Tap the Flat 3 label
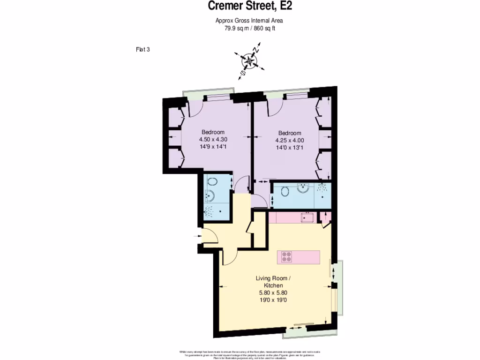pyautogui.click(x=142, y=49)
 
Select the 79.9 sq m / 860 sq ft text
pyautogui.click(x=249, y=28)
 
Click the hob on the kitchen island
pyautogui.click(x=286, y=257)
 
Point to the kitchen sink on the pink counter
pyautogui.click(x=307, y=217)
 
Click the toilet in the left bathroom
pyautogui.click(x=212, y=182)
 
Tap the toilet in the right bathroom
pyautogui.click(x=285, y=191)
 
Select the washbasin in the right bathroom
pyautogui.click(x=304, y=188)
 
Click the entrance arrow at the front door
pyautogui.click(x=196, y=237)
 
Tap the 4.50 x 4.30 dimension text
pyautogui.click(x=213, y=139)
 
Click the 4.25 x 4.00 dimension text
pyautogui.click(x=289, y=140)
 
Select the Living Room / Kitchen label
pyautogui.click(x=269, y=282)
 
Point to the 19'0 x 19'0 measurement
pyautogui.click(x=269, y=300)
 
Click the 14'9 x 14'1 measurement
pyautogui.click(x=213, y=146)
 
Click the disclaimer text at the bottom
pyautogui.click(x=249, y=354)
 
